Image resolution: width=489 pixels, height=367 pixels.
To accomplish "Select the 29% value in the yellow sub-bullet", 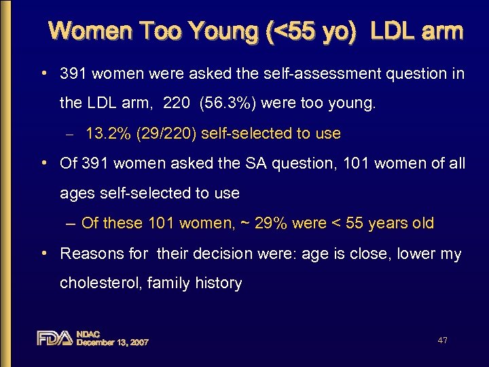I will pyautogui.click(x=270, y=223).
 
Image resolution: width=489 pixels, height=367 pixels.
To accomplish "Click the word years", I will pyautogui.click(x=388, y=223).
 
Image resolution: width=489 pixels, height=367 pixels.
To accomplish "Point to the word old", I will pyautogui.click(x=421, y=223).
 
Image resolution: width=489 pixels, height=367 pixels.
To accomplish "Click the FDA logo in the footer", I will pyautogui.click(x=54, y=338).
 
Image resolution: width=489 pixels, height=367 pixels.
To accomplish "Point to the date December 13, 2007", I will pyautogui.click(x=112, y=343).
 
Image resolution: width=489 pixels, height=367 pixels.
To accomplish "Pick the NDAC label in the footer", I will pyautogui.click(x=88, y=334).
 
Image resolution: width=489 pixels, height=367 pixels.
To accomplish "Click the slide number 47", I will pyautogui.click(x=442, y=340).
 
